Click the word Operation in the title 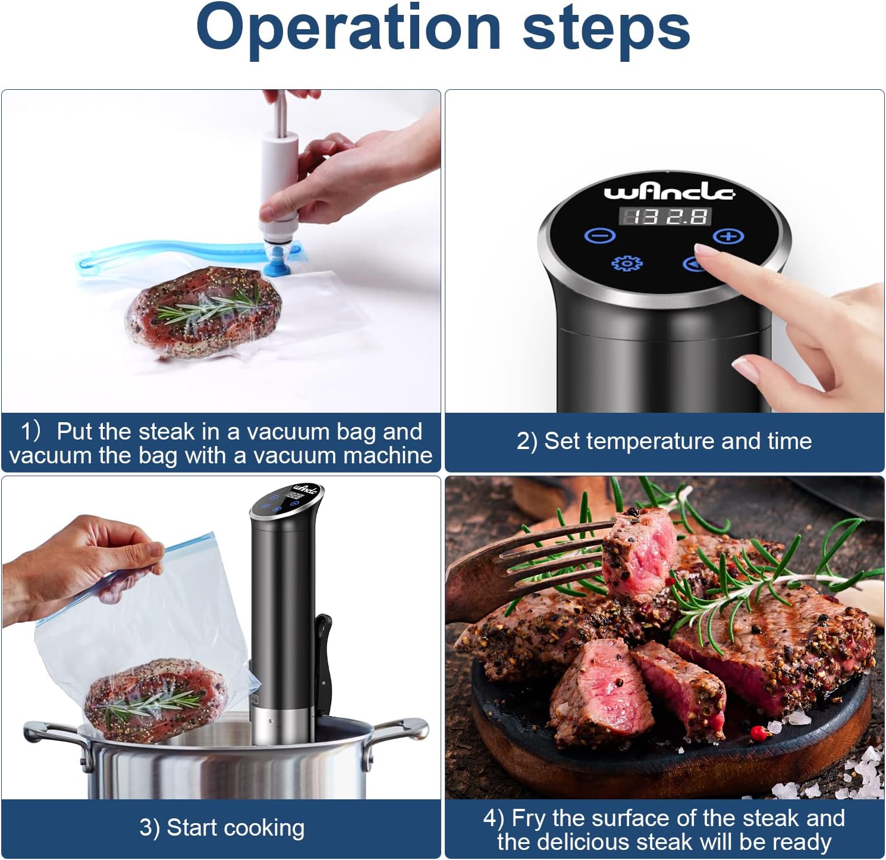[x=348, y=29]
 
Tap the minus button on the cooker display [x=600, y=236]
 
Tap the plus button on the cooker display [x=728, y=236]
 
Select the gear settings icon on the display [x=627, y=263]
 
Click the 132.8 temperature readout [x=665, y=216]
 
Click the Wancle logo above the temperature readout [x=669, y=192]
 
